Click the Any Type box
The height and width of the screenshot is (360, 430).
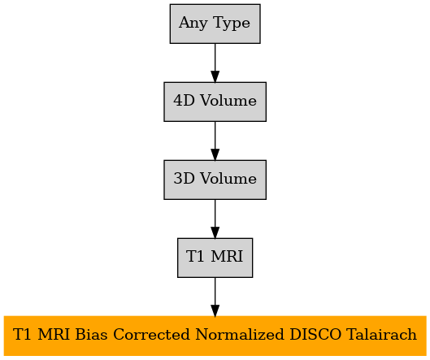[215, 24]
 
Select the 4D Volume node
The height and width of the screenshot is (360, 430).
[215, 102]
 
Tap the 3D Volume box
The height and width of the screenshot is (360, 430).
[215, 180]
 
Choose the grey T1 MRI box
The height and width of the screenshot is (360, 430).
[215, 258]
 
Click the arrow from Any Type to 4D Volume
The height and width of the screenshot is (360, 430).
[215, 63]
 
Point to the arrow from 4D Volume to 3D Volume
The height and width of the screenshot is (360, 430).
[215, 141]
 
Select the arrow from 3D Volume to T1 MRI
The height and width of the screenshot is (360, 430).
[215, 219]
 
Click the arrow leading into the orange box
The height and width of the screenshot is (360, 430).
[215, 297]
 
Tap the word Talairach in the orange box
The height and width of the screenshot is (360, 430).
[381, 335]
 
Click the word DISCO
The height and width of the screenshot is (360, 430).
[315, 335]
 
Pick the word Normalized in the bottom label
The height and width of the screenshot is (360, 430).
[240, 335]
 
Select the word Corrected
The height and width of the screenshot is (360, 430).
[151, 335]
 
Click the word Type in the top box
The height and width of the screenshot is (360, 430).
[231, 23]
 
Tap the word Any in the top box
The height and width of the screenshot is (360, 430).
[193, 23]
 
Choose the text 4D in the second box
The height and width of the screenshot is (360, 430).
[184, 101]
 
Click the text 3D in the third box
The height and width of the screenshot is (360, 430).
[184, 179]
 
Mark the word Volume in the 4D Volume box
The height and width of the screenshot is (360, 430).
[228, 101]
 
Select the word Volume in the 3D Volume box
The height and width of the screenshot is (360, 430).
[228, 179]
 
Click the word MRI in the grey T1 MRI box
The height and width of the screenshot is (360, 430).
[227, 257]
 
